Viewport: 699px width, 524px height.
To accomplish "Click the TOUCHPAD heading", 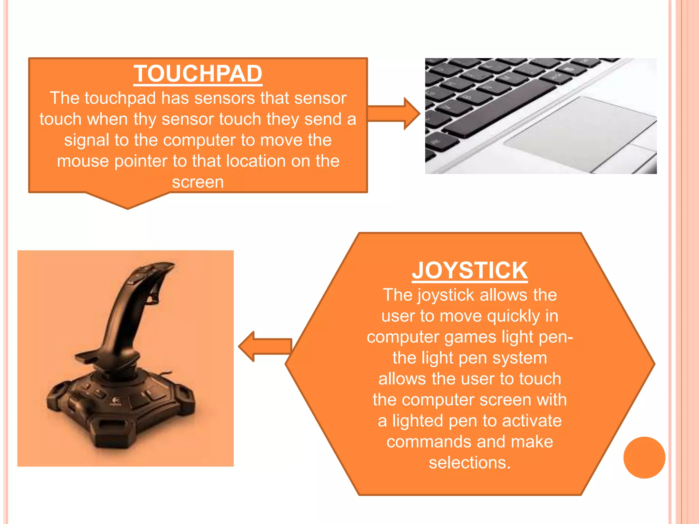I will (198, 74).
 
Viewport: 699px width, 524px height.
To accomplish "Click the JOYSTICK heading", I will (470, 271).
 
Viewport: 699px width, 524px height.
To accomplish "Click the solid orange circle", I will (644, 457).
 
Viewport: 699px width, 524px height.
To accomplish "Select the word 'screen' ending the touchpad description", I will (198, 182).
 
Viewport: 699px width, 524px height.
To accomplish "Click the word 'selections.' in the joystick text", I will (470, 463).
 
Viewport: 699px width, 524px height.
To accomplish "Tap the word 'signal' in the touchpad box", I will (87, 140).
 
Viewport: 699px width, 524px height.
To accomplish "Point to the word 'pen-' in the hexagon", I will (556, 337).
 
